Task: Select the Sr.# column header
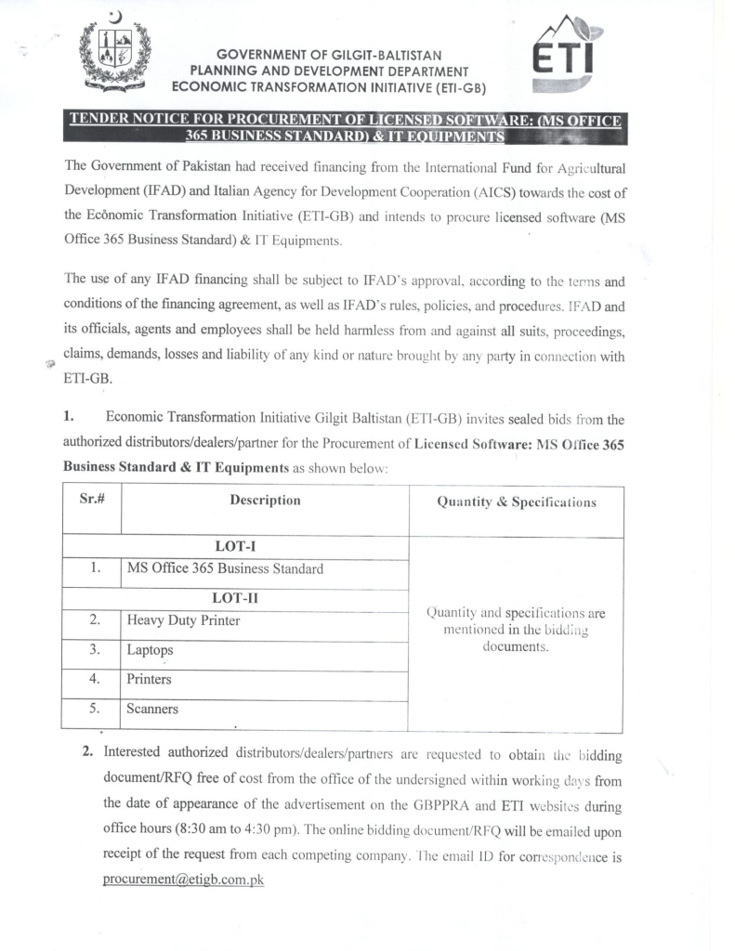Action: point(91,500)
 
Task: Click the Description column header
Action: point(265,500)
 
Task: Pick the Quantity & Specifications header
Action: point(516,502)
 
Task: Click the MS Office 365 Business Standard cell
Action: point(225,568)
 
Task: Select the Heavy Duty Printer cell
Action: point(183,620)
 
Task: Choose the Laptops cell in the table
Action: point(151,650)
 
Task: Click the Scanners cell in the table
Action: point(152,710)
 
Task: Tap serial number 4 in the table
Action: point(94,680)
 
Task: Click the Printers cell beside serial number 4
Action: point(149,680)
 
